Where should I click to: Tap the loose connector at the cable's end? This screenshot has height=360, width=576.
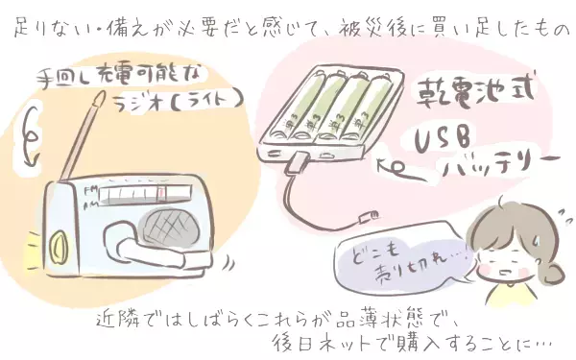click(x=367, y=212)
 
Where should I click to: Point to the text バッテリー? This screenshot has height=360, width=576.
click(x=499, y=174)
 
